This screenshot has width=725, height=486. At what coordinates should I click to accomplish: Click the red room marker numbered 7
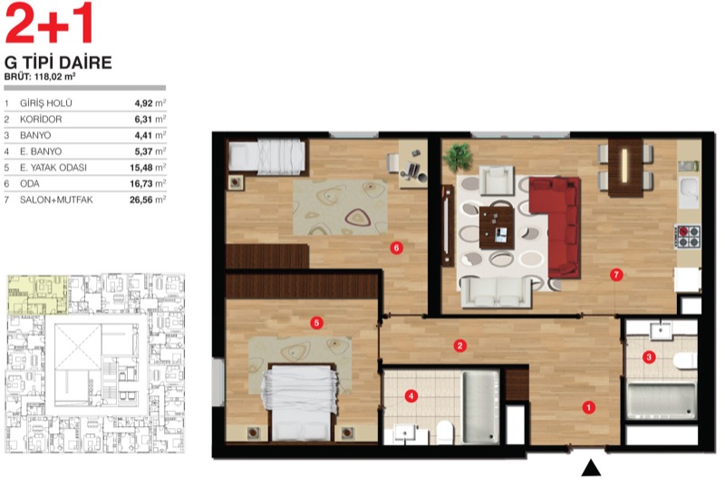coord(615,275)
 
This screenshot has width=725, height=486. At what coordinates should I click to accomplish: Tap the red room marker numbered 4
coord(411,396)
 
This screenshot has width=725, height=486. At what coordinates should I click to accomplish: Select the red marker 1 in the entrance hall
coord(588,407)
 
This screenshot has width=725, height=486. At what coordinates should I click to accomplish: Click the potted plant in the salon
coord(458,157)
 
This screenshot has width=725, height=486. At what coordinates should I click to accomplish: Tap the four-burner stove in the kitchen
coord(688,237)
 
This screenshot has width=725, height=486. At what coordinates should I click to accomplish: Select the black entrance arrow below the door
coord(591,468)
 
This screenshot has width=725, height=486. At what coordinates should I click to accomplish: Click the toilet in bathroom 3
coord(685,360)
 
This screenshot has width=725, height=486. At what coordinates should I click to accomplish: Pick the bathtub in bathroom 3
coord(662,401)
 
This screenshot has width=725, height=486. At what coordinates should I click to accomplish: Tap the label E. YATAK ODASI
coord(53,168)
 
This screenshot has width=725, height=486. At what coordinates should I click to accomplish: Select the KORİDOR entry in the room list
coord(41,120)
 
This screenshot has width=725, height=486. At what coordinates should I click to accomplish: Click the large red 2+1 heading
coord(49,23)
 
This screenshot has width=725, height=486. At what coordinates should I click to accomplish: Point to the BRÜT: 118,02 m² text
coord(40,77)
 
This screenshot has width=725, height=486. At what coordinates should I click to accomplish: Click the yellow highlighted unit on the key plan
coord(37,294)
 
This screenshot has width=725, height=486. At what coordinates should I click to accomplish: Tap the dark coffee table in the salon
coord(497,228)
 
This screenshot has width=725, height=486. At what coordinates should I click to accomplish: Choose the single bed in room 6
coord(266,157)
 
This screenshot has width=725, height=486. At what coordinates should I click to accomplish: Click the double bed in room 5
coord(301,403)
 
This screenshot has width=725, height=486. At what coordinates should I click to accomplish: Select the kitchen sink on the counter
coord(689,191)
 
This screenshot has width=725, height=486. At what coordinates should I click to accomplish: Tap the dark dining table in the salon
coord(625,168)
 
